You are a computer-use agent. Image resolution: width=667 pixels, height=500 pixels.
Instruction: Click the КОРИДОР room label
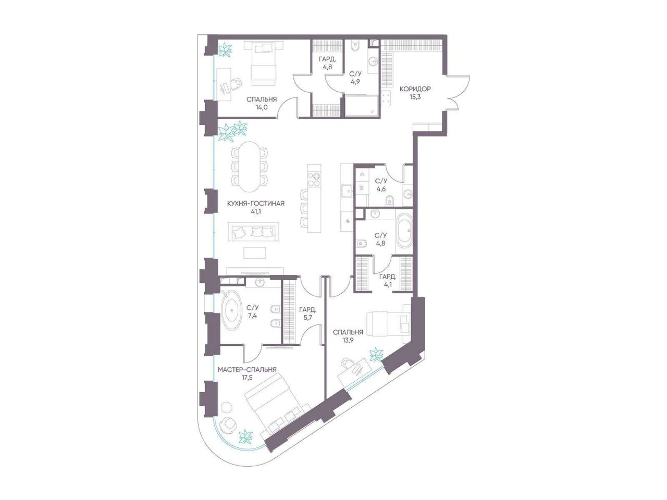click(x=415, y=89)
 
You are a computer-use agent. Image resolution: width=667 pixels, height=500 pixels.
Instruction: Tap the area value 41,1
click(x=256, y=211)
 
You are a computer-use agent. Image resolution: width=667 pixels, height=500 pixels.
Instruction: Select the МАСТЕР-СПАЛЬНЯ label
click(x=247, y=370)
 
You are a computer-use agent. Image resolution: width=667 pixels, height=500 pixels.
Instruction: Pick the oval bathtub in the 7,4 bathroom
click(x=232, y=310)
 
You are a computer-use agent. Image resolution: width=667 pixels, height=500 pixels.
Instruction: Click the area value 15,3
click(x=415, y=97)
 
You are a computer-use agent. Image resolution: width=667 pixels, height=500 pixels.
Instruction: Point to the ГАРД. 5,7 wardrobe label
click(x=308, y=314)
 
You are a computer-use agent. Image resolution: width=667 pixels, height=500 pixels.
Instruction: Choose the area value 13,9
click(x=348, y=341)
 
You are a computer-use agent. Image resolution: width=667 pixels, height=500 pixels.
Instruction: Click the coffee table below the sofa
click(x=255, y=253)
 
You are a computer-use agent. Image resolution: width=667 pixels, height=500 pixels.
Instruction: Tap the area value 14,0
click(x=262, y=107)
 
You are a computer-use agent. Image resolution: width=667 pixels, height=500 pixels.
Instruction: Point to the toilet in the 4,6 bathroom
click(x=389, y=200)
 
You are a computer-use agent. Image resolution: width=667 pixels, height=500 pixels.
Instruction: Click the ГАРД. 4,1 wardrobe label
click(x=388, y=280)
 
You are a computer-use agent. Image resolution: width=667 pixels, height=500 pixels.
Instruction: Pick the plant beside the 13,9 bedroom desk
click(x=377, y=354)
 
